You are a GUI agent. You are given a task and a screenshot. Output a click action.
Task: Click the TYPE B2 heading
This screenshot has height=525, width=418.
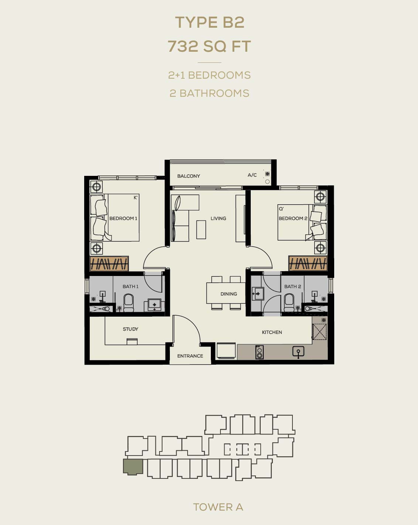click(x=209, y=23)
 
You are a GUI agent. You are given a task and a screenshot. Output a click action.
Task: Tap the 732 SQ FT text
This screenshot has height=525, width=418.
click(x=209, y=46)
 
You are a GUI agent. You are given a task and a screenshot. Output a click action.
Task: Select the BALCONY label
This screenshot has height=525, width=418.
click(x=189, y=176)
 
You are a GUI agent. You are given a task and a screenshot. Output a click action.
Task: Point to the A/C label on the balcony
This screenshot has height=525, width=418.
click(x=252, y=175)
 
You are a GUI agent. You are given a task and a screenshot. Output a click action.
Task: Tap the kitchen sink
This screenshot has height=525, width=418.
click(x=298, y=352)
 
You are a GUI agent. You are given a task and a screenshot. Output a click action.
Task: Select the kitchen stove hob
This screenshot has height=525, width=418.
click(x=260, y=352)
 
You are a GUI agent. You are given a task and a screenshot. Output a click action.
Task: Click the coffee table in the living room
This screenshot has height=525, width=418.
click(x=201, y=229)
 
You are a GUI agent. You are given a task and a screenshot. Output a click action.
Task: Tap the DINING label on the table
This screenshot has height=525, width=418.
click(x=229, y=294)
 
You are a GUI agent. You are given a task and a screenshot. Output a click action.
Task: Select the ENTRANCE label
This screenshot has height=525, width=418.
click(x=190, y=356)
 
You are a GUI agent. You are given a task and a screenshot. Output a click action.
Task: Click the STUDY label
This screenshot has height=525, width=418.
click(x=130, y=329)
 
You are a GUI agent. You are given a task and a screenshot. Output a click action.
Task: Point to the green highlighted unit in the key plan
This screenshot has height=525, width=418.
click(x=133, y=467)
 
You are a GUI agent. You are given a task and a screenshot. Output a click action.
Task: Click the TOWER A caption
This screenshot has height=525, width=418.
click(x=218, y=507)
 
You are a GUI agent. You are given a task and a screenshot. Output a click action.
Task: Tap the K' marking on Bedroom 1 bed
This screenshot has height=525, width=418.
click(x=136, y=198)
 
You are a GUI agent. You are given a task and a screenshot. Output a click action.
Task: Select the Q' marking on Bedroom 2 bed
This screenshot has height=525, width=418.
click(x=281, y=209)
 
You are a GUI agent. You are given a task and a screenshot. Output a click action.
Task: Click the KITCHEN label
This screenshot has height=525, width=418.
click(x=272, y=332)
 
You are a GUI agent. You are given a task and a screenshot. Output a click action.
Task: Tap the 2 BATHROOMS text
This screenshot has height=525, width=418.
click(x=209, y=93)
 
